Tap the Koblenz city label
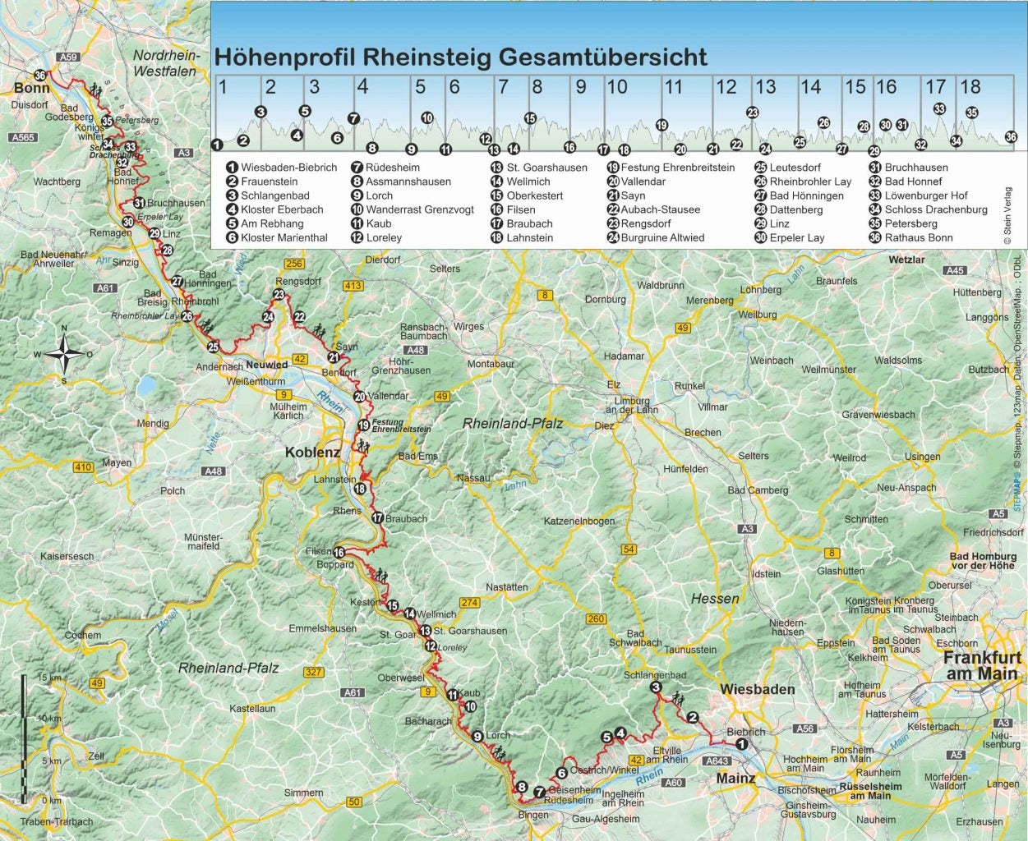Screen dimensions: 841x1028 312,453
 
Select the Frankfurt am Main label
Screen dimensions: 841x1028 980,666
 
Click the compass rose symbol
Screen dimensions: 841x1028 63,355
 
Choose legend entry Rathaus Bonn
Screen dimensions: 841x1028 919,238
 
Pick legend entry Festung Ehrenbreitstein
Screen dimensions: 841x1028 677,168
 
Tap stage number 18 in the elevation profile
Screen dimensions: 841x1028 970,87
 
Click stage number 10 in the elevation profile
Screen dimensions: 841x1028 616,87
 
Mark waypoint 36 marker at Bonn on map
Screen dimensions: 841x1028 40,75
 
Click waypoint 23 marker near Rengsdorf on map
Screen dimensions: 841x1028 279,295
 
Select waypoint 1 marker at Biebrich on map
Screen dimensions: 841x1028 741,744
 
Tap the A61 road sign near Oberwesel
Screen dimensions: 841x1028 353,692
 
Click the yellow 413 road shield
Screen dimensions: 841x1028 353,286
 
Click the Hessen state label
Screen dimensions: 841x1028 714,599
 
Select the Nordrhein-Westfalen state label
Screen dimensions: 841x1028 165,63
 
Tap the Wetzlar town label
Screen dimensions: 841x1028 906,260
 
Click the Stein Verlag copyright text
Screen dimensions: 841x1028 1009,216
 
